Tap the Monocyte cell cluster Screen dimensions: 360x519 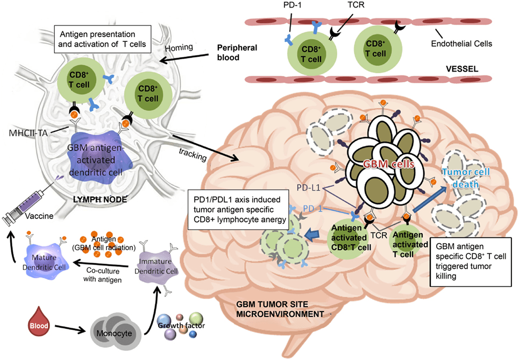point(111,329)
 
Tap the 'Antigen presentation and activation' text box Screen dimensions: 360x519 point(100,39)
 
